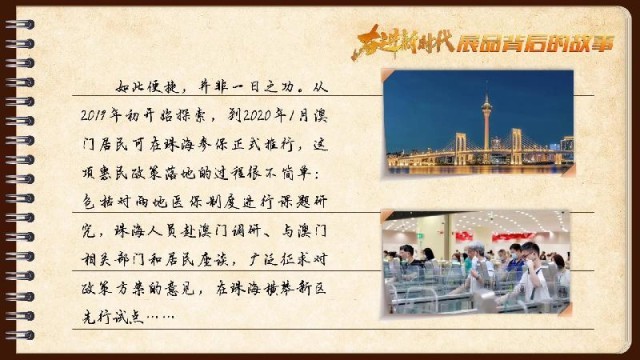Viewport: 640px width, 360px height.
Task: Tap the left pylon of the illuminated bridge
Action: [x=461, y=147]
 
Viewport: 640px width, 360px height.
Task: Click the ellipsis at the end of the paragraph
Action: [x=161, y=318]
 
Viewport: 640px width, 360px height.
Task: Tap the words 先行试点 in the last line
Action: [x=112, y=318]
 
